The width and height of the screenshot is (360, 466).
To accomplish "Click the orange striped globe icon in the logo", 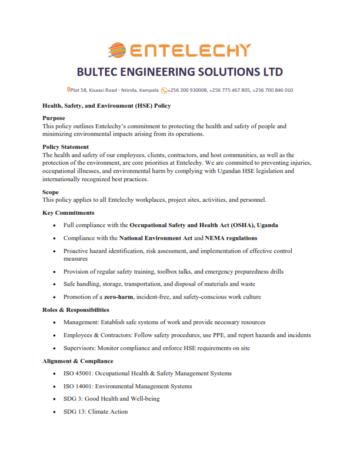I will click(x=117, y=50).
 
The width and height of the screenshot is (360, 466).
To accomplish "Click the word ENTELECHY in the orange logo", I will click(x=190, y=51).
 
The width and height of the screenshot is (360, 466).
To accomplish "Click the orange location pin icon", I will click(x=69, y=90).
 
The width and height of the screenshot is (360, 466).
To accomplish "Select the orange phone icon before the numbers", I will click(x=164, y=91).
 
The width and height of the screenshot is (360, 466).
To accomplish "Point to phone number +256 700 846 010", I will click(x=272, y=91).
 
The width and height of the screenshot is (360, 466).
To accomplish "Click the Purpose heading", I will click(x=54, y=118).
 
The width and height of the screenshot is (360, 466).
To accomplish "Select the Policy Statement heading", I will click(x=66, y=147).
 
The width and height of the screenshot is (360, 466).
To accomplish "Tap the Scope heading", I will click(x=51, y=192).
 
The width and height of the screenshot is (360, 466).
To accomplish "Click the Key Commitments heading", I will click(x=68, y=212).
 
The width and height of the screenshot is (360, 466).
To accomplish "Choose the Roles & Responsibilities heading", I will click(x=75, y=309).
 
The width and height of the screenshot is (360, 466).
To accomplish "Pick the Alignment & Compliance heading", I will click(x=78, y=361).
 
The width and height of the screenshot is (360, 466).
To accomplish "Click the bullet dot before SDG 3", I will click(x=55, y=399).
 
